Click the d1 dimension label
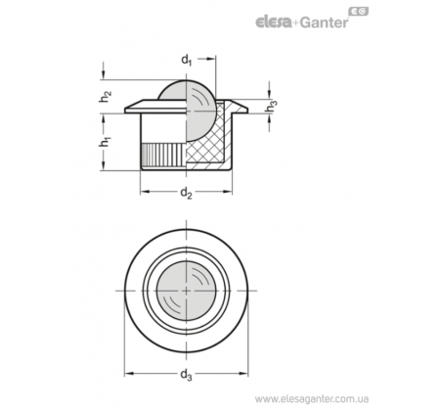coord(186,61)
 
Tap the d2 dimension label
coord(186,193)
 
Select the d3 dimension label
coord(186,375)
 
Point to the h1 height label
coord(105,142)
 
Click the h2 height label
coord(105,96)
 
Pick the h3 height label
coord(271,108)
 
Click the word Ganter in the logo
coord(324,23)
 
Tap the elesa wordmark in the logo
coord(273,23)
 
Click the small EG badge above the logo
coord(359,12)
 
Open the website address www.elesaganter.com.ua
coord(312,399)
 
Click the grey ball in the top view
coord(186,291)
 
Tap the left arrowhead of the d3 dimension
coord(129,374)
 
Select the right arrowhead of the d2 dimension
coord(228,192)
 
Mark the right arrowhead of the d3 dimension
coord(243,374)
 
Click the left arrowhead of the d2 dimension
coord(145,192)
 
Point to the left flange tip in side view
coord(125,111)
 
